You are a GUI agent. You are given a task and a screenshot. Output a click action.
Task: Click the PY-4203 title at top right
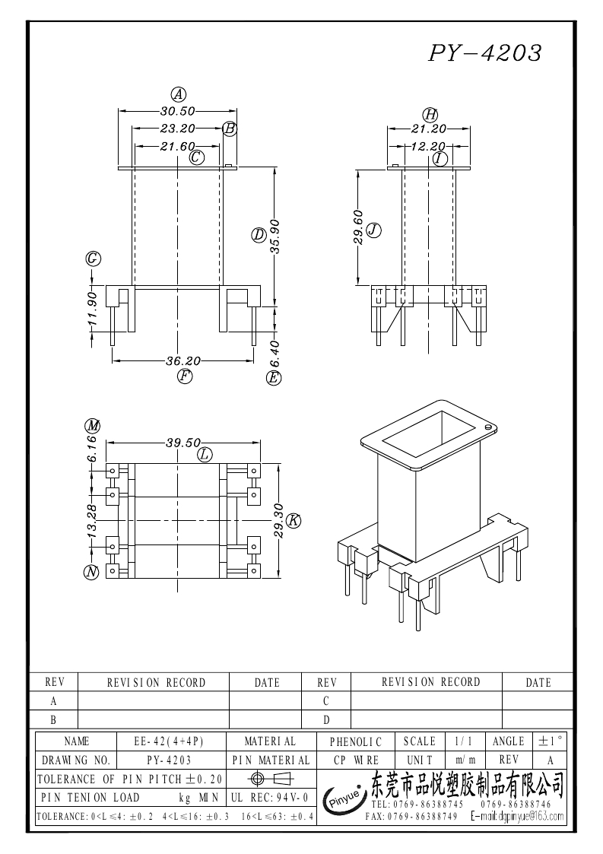tap(485, 52)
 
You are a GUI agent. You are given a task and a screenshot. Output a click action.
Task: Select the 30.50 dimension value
tap(178, 111)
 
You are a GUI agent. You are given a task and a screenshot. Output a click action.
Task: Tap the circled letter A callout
tap(178, 95)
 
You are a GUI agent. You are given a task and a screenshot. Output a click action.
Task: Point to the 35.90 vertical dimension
tap(275, 235)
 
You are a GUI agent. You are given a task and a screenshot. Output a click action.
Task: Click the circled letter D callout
tap(259, 235)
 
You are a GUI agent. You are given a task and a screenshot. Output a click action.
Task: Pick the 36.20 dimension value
tap(183, 360)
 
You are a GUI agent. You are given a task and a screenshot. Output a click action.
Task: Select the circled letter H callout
tap(430, 114)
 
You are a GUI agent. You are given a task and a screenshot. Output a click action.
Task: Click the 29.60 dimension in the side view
tap(358, 227)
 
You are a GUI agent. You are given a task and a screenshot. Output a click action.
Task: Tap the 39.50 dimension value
tap(183, 443)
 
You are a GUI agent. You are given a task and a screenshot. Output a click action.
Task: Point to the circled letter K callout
tap(294, 521)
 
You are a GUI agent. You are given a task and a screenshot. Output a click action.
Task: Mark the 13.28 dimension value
tap(91, 521)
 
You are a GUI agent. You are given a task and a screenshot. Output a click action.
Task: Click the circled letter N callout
tap(91, 572)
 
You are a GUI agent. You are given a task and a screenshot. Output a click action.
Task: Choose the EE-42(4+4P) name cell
tap(169, 741)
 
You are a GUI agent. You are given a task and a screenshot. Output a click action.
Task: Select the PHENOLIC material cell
tap(356, 741)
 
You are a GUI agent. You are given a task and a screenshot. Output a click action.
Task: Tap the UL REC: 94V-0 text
tap(270, 798)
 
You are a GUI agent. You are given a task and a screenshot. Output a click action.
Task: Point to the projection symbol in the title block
tap(270, 778)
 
